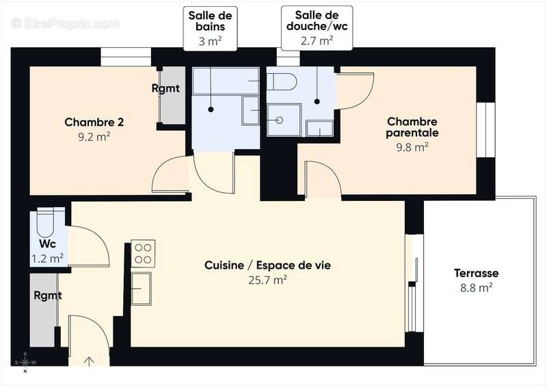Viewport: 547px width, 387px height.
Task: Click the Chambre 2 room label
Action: pyautogui.click(x=94, y=122)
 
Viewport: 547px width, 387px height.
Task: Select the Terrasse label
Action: pyautogui.click(x=476, y=273)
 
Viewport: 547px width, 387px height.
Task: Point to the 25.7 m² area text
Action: pyautogui.click(x=267, y=279)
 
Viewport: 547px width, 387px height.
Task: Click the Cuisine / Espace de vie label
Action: pyautogui.click(x=267, y=265)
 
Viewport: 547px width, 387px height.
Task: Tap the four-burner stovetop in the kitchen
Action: pyautogui.click(x=143, y=252)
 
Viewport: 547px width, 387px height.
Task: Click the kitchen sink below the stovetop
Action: pyautogui.click(x=142, y=288)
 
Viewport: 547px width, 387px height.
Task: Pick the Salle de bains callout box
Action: pyautogui.click(x=211, y=28)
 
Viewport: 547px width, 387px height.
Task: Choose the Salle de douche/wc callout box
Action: pyautogui.click(x=317, y=28)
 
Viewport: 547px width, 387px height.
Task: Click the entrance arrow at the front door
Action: pyautogui.click(x=89, y=360)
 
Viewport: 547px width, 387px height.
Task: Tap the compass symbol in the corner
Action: pyautogui.click(x=25, y=362)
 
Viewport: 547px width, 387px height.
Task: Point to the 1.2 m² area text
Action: pyautogui.click(x=48, y=258)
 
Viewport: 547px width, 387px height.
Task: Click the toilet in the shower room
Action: pyautogui.click(x=281, y=82)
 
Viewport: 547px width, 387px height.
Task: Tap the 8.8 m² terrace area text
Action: pyautogui.click(x=476, y=288)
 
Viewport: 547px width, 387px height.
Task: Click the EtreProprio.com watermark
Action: pyautogui.click(x=66, y=24)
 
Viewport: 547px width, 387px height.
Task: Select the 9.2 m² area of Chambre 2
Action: pyautogui.click(x=94, y=136)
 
